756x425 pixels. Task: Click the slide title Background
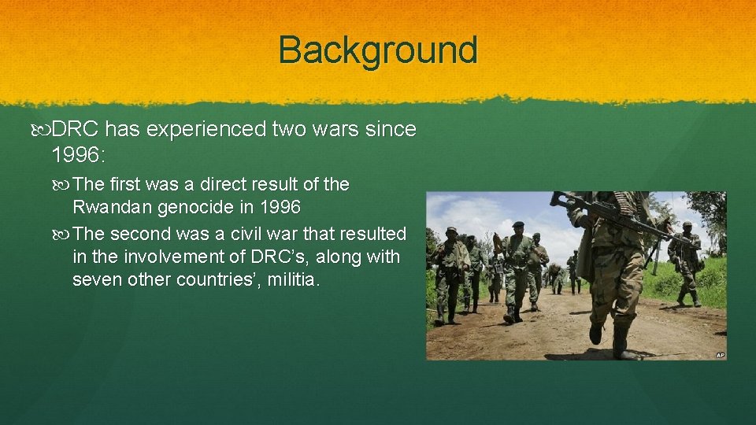click(378, 50)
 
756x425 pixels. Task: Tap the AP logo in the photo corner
click(719, 355)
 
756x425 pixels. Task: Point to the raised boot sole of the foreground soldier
click(596, 334)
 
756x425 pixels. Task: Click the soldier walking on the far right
click(684, 264)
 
